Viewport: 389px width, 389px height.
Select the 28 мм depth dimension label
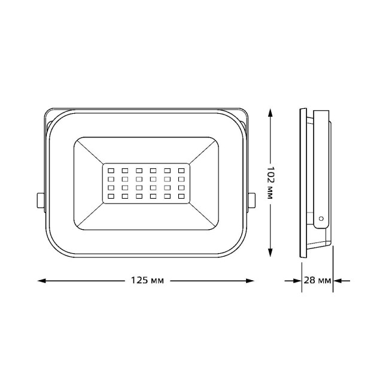[x=317, y=280]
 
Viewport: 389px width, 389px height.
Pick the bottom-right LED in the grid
[x=181, y=196]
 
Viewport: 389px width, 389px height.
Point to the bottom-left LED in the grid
[x=111, y=196]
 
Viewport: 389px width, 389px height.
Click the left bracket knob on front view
[x=40, y=200]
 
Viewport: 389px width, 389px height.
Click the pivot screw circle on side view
[x=321, y=219]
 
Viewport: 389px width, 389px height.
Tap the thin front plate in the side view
[x=303, y=183]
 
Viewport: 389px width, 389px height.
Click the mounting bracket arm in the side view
[x=321, y=168]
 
